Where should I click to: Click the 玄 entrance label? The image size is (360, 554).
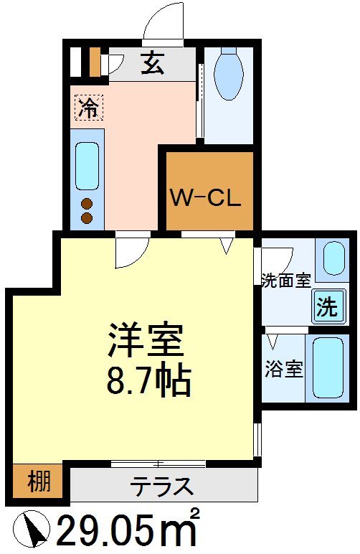[152, 65]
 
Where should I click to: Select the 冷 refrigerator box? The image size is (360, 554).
[89, 108]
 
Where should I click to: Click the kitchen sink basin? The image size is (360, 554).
[87, 166]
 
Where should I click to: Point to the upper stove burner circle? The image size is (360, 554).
[87, 202]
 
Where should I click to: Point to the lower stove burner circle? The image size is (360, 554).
[87, 217]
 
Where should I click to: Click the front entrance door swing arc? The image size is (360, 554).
[164, 20]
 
